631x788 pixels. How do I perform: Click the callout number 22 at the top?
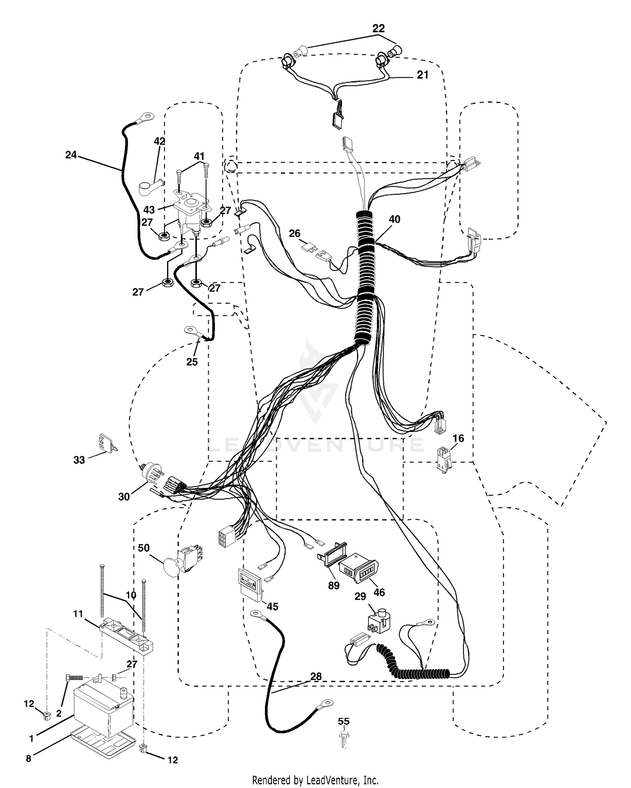[x=378, y=29]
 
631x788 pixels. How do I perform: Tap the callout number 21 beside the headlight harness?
[x=422, y=74]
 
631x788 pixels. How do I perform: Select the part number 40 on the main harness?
[x=394, y=219]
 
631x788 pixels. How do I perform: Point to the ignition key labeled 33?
[x=106, y=443]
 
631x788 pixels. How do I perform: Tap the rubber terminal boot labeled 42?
[x=151, y=185]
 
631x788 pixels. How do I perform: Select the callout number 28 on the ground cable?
[x=316, y=677]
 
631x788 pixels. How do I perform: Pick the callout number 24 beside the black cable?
[x=71, y=155]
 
